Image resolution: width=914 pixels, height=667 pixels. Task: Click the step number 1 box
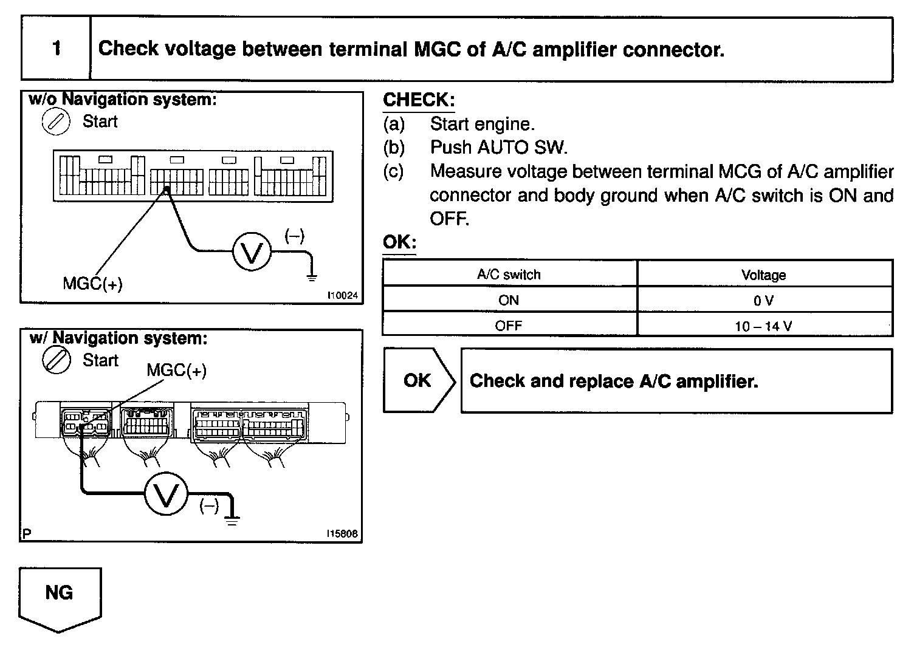click(x=56, y=49)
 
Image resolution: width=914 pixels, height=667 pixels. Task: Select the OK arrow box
click(x=418, y=381)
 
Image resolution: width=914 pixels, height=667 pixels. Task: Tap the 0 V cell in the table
click(x=763, y=300)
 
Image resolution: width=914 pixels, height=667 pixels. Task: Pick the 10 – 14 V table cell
click(x=763, y=326)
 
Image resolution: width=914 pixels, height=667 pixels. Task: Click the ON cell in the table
click(x=509, y=300)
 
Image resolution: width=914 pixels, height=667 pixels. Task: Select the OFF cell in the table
click(x=509, y=326)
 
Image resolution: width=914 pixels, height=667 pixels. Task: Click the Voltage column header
click(x=763, y=275)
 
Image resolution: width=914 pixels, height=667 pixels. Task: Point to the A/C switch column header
click(x=509, y=275)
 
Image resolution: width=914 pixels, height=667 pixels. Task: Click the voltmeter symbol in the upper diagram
click(x=252, y=251)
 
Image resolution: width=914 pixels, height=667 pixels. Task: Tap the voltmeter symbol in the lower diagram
click(x=166, y=494)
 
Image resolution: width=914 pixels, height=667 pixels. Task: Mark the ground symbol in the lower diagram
click(x=232, y=519)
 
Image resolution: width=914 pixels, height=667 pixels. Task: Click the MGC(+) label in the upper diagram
click(x=92, y=284)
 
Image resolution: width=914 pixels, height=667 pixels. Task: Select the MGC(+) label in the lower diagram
click(x=176, y=370)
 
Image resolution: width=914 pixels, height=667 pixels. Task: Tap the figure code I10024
click(x=342, y=296)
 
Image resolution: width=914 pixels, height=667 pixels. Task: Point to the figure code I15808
click(x=342, y=534)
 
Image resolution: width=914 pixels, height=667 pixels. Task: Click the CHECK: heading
click(x=419, y=100)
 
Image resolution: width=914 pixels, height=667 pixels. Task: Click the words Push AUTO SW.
click(x=498, y=148)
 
